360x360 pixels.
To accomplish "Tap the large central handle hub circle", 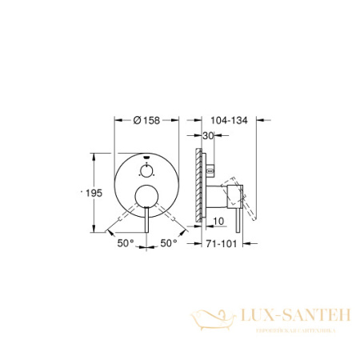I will coord(146,195).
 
